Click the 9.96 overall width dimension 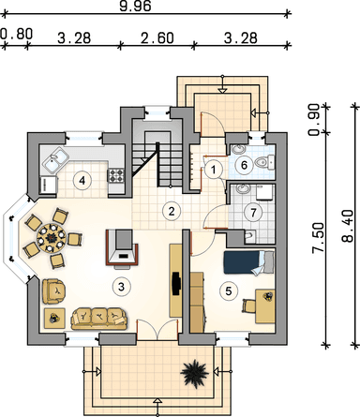135,6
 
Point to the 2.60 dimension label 157,38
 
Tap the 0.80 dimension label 16,34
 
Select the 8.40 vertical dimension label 347,227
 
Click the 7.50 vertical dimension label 318,237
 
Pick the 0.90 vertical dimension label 314,120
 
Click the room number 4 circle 82,181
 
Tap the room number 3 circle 121,286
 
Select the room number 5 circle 229,291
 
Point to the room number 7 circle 253,213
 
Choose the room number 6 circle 244,165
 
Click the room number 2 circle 172,212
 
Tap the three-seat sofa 98,319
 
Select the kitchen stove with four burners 116,175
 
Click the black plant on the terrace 194,373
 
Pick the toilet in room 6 262,162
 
